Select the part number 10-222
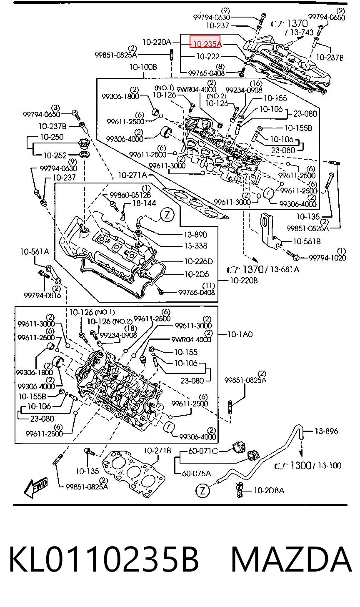pyautogui.click(x=208, y=56)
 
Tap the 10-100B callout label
pyautogui.click(x=143, y=67)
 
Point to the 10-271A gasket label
pyautogui.click(x=132, y=175)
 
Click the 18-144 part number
pyautogui.click(x=144, y=203)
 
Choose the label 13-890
pyautogui.click(x=195, y=234)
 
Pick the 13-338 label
pyautogui.click(x=195, y=246)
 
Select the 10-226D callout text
pyautogui.click(x=199, y=261)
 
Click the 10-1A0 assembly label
pyautogui.click(x=240, y=334)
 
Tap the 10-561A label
pyautogui.click(x=35, y=252)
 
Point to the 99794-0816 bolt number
pyautogui.click(x=42, y=295)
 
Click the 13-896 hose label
pyautogui.click(x=326, y=431)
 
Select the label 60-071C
pyautogui.click(x=203, y=451)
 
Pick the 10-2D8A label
pyautogui.click(x=269, y=490)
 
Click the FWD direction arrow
pyautogui.click(x=36, y=487)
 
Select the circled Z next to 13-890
pyautogui.click(x=167, y=215)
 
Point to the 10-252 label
pyautogui.click(x=55, y=155)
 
